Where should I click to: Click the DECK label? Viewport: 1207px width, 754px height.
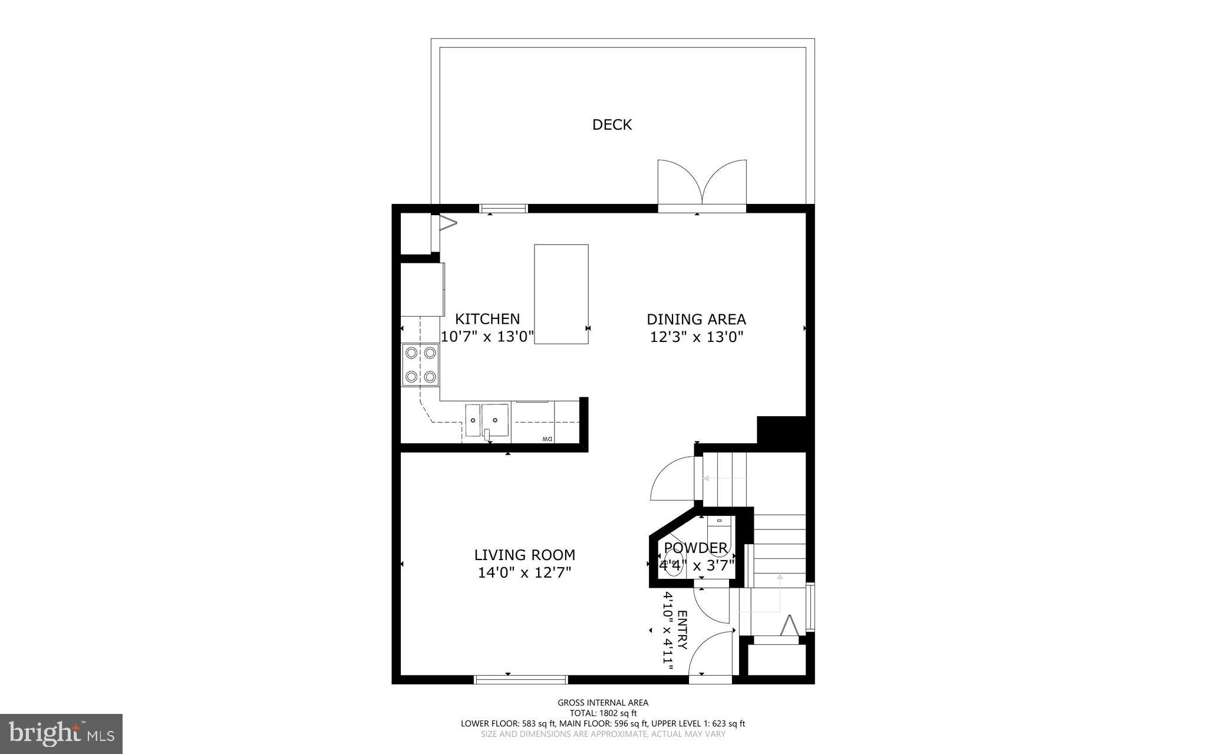[612, 124]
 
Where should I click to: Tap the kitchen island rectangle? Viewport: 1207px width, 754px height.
[561, 294]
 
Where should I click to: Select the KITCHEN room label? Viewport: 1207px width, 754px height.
[487, 319]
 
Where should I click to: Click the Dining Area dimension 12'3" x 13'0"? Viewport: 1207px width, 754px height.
[696, 337]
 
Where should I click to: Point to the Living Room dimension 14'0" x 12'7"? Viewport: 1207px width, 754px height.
[525, 572]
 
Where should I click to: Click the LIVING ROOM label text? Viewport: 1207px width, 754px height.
[525, 555]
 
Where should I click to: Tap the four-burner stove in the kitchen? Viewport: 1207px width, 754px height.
[421, 365]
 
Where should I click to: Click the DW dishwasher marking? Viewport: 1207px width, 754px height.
[547, 439]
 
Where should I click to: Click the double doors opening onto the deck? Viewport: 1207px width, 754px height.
[702, 184]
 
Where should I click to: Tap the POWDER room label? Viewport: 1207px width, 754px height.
[695, 548]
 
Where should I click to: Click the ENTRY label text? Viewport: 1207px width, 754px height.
[682, 630]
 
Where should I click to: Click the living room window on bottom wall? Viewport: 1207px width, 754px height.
[521, 680]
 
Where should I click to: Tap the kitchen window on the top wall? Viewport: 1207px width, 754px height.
[503, 208]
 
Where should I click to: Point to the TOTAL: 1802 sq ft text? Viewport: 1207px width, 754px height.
[603, 713]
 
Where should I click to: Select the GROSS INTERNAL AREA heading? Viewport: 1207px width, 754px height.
[603, 702]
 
